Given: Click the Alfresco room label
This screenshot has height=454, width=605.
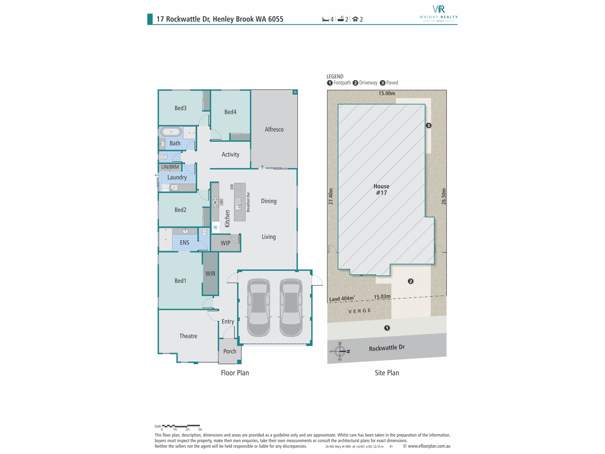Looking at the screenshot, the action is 274,129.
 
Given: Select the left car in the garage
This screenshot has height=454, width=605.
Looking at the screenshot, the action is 259,308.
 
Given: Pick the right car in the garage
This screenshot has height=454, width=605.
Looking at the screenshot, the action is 291,308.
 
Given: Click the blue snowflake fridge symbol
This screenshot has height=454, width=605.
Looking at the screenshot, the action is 216,227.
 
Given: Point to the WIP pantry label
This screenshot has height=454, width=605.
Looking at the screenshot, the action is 226,243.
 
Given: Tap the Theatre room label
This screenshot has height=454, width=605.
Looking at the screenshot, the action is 188,336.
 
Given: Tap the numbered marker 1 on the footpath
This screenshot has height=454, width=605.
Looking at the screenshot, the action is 387,328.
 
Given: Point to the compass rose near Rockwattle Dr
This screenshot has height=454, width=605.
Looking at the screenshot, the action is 340,351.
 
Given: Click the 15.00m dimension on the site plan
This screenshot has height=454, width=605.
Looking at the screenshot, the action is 387,93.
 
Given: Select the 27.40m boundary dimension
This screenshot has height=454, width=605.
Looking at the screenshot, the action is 331,196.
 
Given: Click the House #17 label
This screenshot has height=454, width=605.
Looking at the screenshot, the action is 381,189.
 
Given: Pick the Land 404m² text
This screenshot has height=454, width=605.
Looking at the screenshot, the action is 342,299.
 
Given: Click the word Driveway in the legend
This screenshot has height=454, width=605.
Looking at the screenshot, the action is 368,83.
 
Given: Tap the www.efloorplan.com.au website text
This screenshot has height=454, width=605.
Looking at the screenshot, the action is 429,446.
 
